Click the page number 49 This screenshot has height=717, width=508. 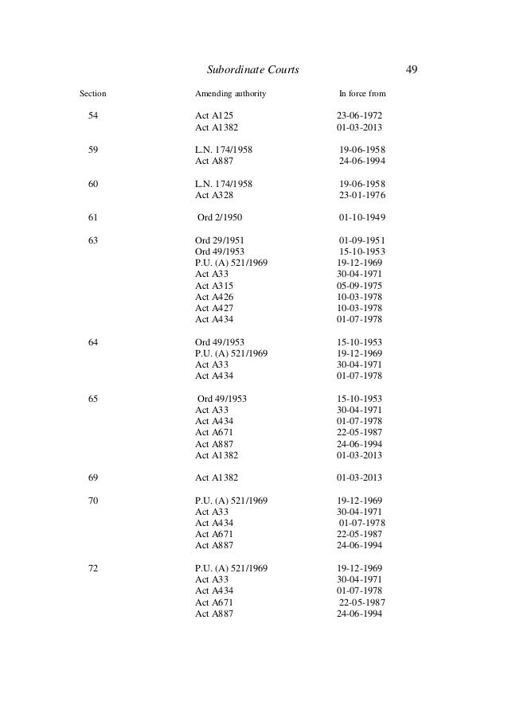pos(412,70)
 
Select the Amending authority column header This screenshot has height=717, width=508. pos(231,94)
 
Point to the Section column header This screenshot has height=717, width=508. pos(93,94)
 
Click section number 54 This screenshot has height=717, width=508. pos(93,115)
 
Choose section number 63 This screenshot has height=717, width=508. pos(93,240)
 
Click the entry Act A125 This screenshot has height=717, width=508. pos(215,115)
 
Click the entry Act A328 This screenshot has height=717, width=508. pos(214,194)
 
